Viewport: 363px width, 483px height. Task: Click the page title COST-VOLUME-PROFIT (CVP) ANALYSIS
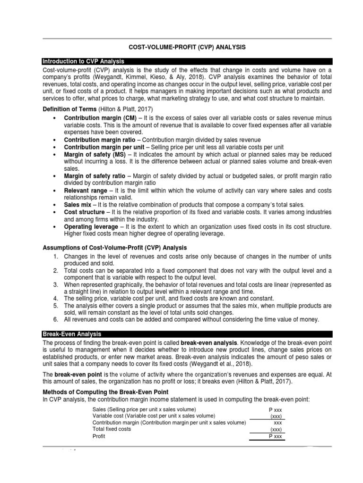(x=187, y=47)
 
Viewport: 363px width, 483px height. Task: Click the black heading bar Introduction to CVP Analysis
(x=83, y=61)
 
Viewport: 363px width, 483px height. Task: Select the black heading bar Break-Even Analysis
(x=71, y=334)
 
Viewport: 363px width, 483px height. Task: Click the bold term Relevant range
(x=85, y=191)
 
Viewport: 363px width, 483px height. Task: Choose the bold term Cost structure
(x=84, y=212)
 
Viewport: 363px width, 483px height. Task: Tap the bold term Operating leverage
(x=89, y=227)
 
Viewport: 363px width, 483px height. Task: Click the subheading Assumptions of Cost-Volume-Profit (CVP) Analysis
(x=115, y=248)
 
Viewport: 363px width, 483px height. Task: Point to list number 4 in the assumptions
(x=55, y=299)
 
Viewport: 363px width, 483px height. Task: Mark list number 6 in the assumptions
(x=55, y=319)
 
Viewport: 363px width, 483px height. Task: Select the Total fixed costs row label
(x=112, y=429)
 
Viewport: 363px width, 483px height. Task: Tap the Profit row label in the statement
(x=99, y=437)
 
